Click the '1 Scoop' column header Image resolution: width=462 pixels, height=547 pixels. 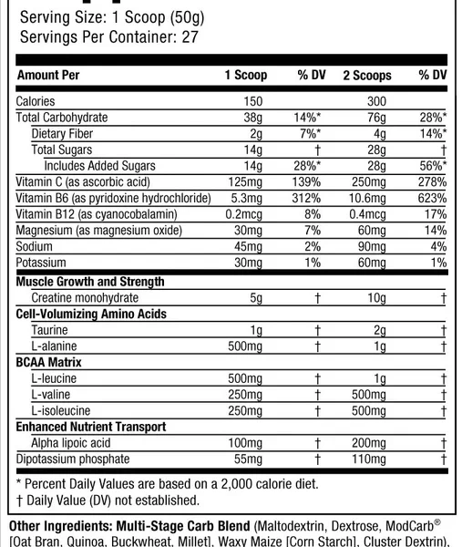(x=246, y=76)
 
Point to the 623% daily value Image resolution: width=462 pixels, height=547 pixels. (x=431, y=200)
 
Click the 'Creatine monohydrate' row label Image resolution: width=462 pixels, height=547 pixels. (x=85, y=297)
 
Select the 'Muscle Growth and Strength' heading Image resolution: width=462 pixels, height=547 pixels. (x=90, y=282)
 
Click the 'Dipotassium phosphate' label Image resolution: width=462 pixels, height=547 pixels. (x=73, y=459)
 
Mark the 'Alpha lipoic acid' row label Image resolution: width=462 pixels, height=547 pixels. (x=77, y=442)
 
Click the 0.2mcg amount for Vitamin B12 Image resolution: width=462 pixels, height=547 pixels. (x=246, y=215)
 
